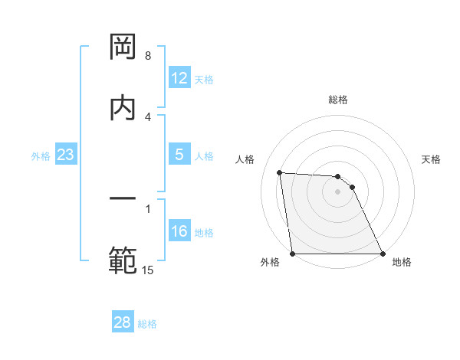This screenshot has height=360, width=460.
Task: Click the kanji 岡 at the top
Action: pyautogui.click(x=123, y=47)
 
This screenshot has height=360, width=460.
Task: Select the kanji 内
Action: pyautogui.click(x=123, y=106)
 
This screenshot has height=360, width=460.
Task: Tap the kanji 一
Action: pyautogui.click(x=123, y=198)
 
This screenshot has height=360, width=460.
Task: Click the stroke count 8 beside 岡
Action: pyautogui.click(x=148, y=56)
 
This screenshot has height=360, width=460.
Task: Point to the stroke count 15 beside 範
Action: pyautogui.click(x=148, y=270)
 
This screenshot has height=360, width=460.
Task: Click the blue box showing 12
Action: pyautogui.click(x=179, y=78)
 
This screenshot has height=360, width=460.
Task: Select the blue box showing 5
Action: pyautogui.click(x=179, y=155)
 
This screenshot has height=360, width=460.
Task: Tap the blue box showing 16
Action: pyautogui.click(x=179, y=231)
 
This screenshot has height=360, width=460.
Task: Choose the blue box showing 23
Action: pyautogui.click(x=65, y=155)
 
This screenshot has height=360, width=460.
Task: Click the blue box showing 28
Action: pyautogui.click(x=122, y=322)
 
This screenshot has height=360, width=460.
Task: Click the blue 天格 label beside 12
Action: pyautogui.click(x=204, y=79)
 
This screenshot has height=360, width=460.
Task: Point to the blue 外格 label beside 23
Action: pyautogui.click(x=41, y=155)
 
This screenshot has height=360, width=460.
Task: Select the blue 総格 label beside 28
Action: pyautogui.click(x=147, y=323)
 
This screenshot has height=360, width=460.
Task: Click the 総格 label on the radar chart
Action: pyautogui.click(x=338, y=100)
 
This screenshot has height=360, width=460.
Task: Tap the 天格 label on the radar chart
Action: pyautogui.click(x=432, y=159)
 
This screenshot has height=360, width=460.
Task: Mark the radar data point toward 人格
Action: pyautogui.click(x=280, y=172)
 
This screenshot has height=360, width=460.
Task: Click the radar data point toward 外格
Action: pyautogui.click(x=292, y=254)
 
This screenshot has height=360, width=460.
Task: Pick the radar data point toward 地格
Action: pyautogui.click(x=383, y=254)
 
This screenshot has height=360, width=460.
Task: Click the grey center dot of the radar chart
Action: pyautogui.click(x=337, y=191)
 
